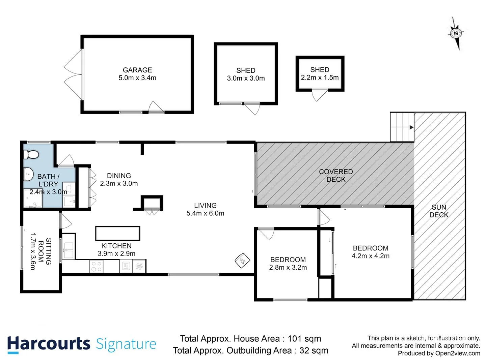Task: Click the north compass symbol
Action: [x=456, y=33]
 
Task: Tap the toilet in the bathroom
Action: [x=31, y=154]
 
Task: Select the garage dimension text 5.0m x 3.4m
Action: [x=137, y=78]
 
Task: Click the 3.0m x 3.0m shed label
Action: [x=246, y=74]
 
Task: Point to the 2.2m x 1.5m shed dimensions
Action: [x=320, y=78]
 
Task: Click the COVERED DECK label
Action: [x=336, y=176]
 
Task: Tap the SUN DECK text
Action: [x=439, y=211]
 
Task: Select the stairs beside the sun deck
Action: [x=402, y=127]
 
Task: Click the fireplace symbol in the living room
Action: [x=242, y=260]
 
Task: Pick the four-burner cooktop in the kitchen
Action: [x=96, y=266]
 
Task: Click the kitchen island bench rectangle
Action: [x=117, y=233]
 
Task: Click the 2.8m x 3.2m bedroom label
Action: [x=288, y=264]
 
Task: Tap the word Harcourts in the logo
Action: [x=49, y=344]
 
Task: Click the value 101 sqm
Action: [x=304, y=339]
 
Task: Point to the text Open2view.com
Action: [x=458, y=353]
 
